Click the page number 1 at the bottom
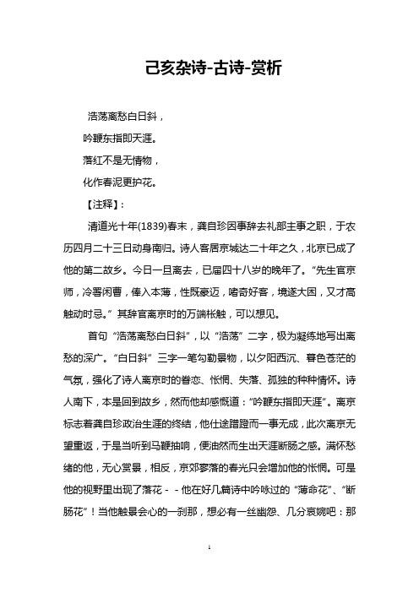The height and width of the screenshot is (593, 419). [209, 572]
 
